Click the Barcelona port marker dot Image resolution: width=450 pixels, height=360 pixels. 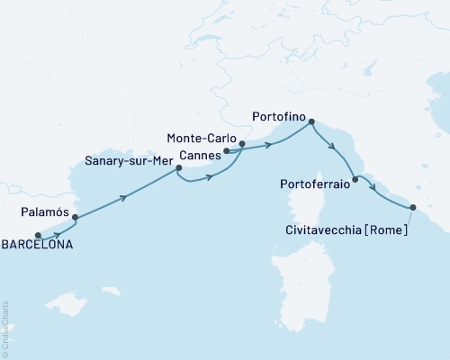tap(38, 237)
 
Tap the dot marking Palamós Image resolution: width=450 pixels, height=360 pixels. tap(75, 217)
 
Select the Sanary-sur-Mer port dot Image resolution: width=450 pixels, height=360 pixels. tap(179, 167)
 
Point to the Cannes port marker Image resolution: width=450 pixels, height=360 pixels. tap(226, 151)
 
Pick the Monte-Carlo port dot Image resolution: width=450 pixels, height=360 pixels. tap(242, 143)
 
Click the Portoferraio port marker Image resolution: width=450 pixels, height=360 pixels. tap(355, 180)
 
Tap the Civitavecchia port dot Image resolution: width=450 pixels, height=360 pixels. tap(413, 208)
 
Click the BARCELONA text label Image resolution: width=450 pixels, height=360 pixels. tap(37, 245)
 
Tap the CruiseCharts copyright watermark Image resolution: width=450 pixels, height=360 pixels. tap(5, 328)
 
